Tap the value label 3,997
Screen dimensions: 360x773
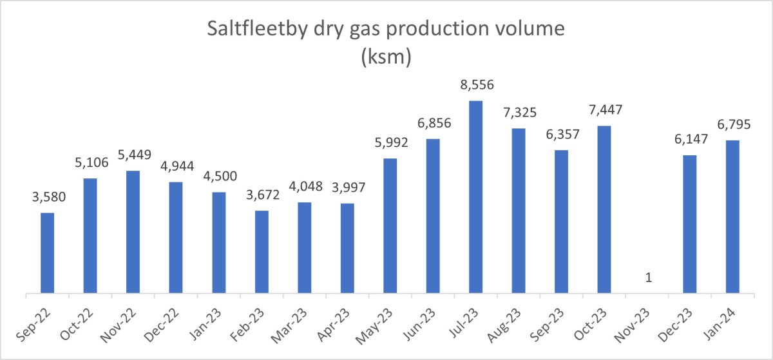(x=347, y=189)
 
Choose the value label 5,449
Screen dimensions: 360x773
(x=133, y=156)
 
